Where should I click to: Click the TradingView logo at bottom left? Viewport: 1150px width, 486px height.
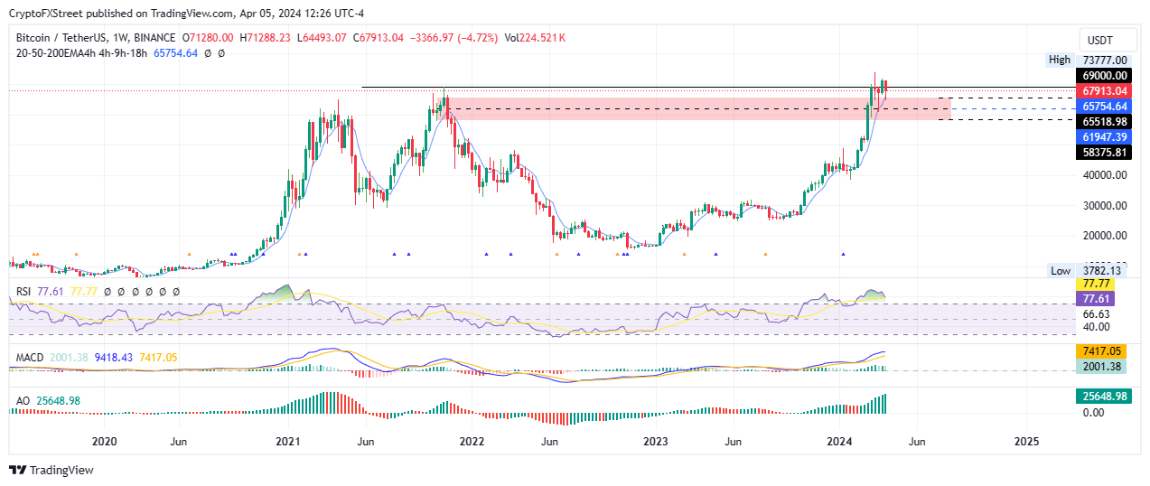[x=51, y=470]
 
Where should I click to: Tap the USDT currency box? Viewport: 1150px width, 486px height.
[x=1099, y=41]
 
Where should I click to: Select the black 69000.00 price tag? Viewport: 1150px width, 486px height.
[x=1103, y=76]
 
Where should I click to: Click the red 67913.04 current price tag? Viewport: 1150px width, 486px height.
[x=1103, y=91]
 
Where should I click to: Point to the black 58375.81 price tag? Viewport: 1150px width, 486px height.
[x=1103, y=153]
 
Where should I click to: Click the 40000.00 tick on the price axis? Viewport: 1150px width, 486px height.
[x=1103, y=175]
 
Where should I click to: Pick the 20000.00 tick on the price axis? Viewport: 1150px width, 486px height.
[x=1103, y=236]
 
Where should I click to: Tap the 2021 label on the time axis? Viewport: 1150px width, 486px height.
[x=287, y=442]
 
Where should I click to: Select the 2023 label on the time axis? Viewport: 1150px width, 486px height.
[x=655, y=442]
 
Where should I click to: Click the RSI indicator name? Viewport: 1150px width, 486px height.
[x=24, y=292]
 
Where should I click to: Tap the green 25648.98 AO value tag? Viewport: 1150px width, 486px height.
[x=1103, y=397]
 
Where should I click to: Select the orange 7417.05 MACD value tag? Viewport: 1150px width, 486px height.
[x=1103, y=350]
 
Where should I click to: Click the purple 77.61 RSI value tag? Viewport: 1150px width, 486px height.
[x=1103, y=297]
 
